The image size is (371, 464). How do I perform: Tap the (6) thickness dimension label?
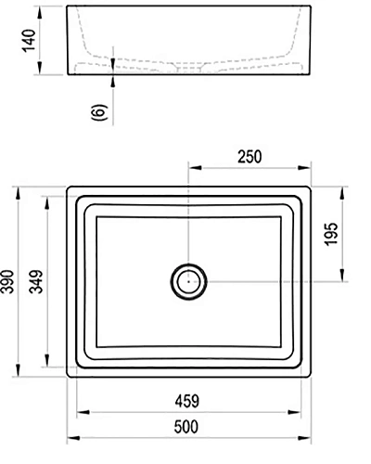[x=100, y=112]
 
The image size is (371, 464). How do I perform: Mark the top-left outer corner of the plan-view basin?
[x=69, y=187]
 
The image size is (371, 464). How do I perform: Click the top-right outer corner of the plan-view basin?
[x=312, y=187]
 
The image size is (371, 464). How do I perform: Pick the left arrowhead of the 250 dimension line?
[x=193, y=168]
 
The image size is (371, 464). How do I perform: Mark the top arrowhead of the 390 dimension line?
[x=19, y=191]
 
